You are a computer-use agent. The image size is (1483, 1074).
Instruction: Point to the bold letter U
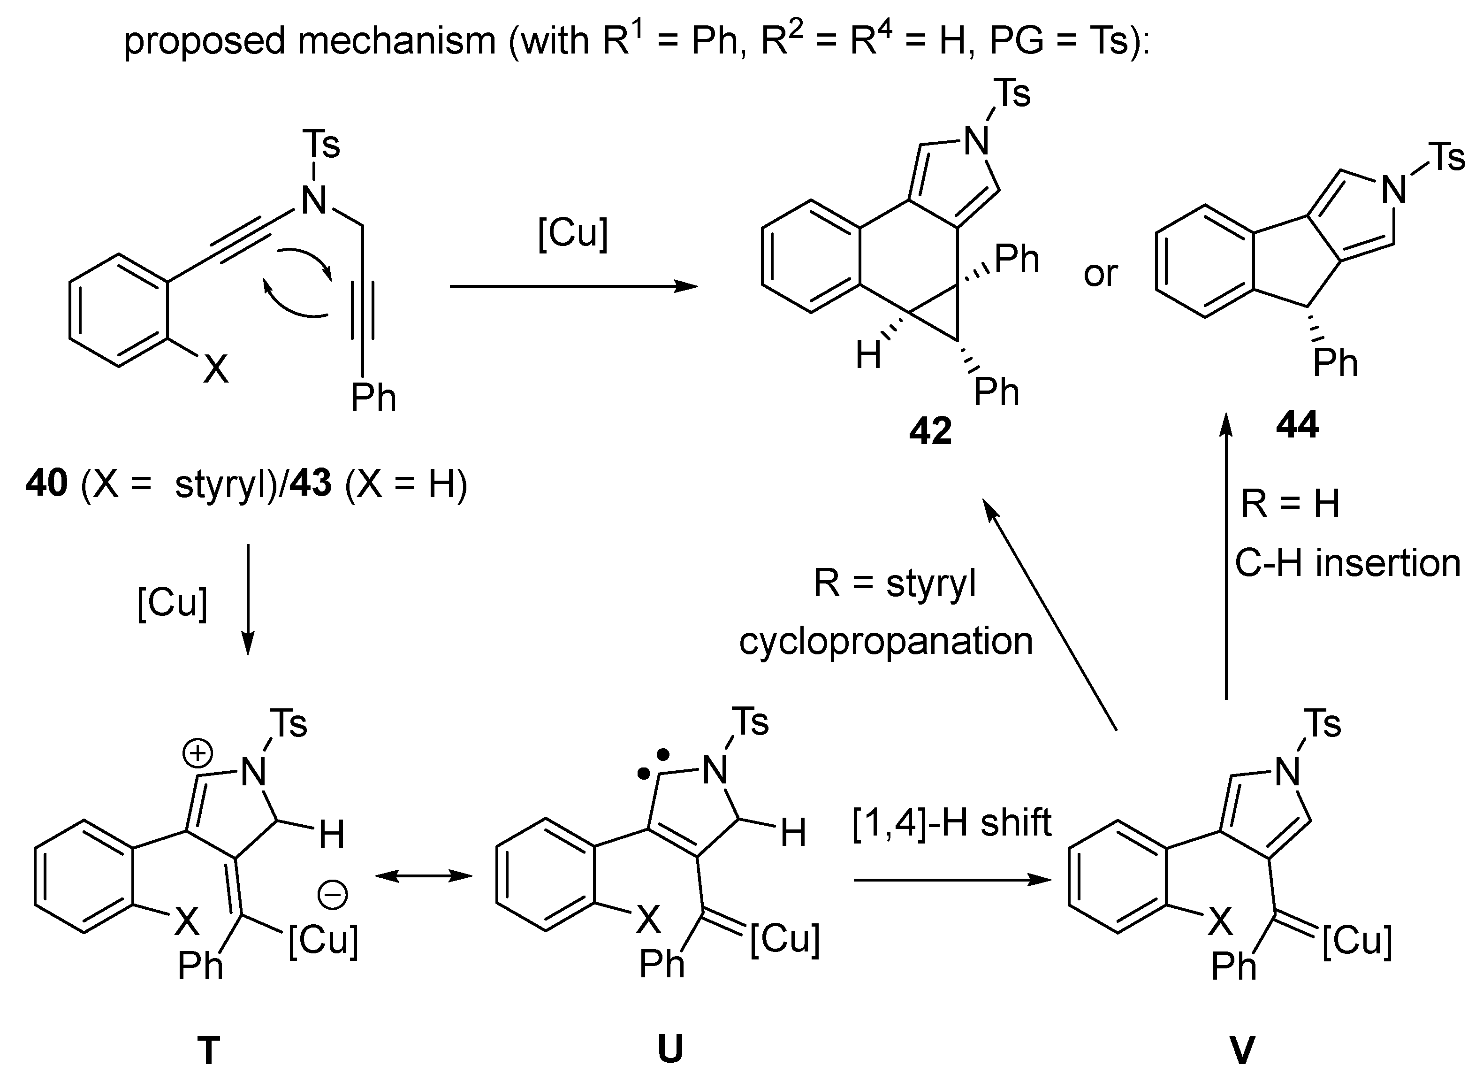[670, 1049]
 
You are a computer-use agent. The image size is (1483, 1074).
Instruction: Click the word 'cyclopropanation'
[886, 641]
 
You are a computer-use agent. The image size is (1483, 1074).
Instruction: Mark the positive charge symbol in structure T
[198, 754]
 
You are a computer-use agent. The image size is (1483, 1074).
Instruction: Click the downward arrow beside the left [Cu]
[248, 598]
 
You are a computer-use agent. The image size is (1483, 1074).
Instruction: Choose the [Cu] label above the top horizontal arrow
[573, 233]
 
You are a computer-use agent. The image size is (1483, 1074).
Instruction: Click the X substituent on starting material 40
[216, 369]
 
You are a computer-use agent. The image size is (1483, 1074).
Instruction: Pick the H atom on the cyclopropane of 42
[868, 356]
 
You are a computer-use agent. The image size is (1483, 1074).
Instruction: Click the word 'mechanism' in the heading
[396, 40]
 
